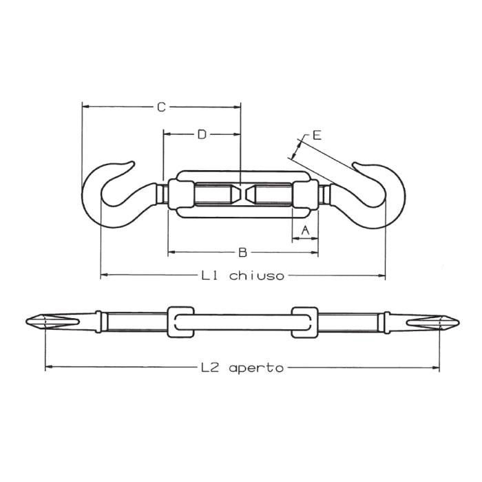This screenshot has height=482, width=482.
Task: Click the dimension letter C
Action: coord(160,107)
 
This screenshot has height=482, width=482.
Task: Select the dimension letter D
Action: coord(201,134)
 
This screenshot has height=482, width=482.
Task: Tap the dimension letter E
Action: coord(316,135)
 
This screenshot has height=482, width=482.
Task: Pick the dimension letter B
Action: coord(242,253)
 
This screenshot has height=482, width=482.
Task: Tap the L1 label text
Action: coord(210,275)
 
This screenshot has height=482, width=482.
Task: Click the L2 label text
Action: coord(210,368)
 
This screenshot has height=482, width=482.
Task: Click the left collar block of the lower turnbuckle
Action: coord(178,322)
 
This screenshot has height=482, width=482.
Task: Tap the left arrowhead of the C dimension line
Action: coord(86,107)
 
